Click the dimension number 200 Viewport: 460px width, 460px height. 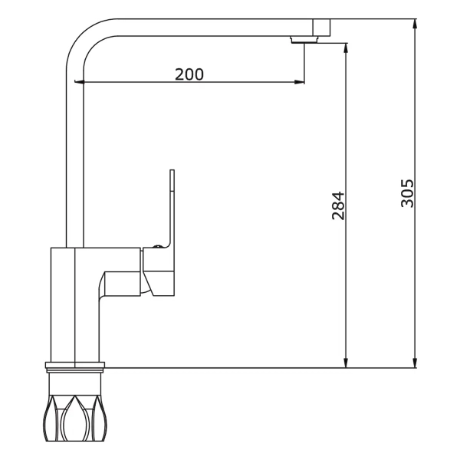point(189,74)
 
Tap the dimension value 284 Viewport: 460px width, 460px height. point(338,205)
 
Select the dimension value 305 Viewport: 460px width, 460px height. point(407,193)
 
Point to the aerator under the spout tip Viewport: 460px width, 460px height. point(304,40)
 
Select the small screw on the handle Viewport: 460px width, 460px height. point(157,246)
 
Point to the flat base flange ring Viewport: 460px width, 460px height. point(75,365)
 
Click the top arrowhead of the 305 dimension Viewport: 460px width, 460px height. point(415,24)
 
